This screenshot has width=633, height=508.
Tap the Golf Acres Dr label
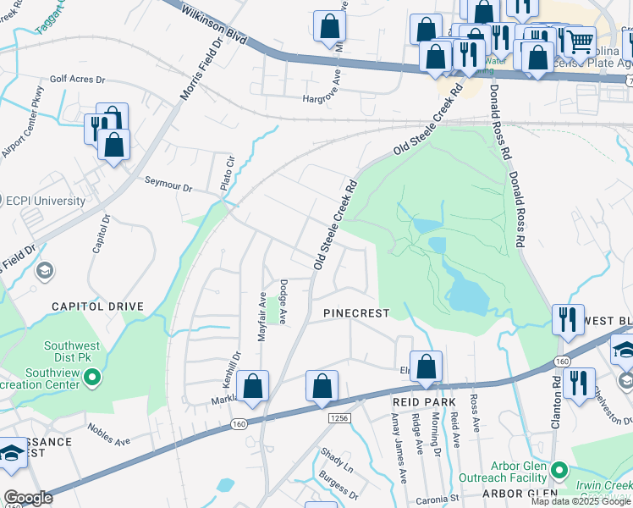[x=77, y=80]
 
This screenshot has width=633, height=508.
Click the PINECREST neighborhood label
[x=357, y=313]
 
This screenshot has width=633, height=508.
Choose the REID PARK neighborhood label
[x=424, y=401]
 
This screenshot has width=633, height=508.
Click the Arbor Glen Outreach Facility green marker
[x=558, y=469]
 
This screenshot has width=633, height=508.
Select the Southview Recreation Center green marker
[x=93, y=377]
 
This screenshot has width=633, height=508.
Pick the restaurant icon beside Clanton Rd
[x=579, y=381]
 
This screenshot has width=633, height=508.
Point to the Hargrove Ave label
[x=327, y=98]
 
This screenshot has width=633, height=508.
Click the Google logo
[x=28, y=499]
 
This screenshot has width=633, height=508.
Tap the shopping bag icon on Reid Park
[x=427, y=367]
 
